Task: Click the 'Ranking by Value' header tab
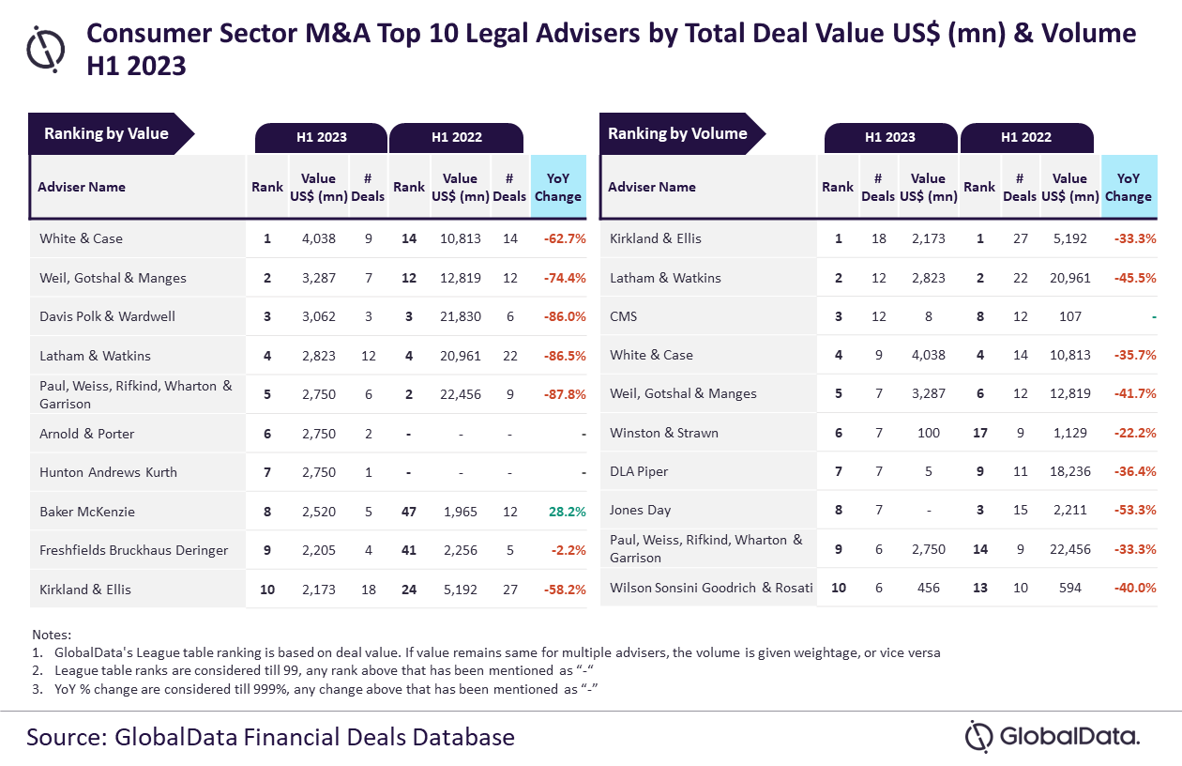coord(106,133)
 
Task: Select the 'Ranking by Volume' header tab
coord(677,133)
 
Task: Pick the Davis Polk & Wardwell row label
coord(107,316)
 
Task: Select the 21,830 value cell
coord(460,316)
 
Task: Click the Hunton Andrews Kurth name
coord(108,472)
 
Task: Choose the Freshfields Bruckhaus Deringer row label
coord(133,550)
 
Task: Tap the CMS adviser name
coord(623,316)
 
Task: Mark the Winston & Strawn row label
coord(663,433)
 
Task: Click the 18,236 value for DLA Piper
coord(1069,471)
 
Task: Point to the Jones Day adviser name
coord(641,511)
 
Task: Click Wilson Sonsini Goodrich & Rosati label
coord(711,588)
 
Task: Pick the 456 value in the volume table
coord(928,588)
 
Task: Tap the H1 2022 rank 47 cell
coord(409,512)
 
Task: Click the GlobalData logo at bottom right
coord(1053,736)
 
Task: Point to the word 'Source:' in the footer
coord(65,736)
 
